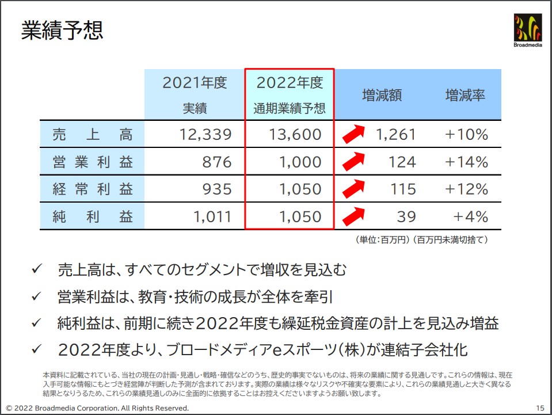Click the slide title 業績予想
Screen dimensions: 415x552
62,31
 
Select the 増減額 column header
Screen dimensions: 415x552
382,95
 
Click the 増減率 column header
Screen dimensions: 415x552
465,95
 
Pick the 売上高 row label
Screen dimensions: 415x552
92,135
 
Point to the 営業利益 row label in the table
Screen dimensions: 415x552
92,162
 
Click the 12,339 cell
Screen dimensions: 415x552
205,135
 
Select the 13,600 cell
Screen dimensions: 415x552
295,135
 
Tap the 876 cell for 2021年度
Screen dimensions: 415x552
216,162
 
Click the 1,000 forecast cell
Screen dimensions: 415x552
300,162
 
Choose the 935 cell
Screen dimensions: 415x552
216,189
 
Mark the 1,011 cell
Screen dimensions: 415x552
212,216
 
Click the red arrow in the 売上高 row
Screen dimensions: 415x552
354,134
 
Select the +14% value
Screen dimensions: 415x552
466,162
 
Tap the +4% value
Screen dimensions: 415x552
470,216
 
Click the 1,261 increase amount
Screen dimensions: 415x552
395,135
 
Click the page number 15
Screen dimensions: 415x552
539,408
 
